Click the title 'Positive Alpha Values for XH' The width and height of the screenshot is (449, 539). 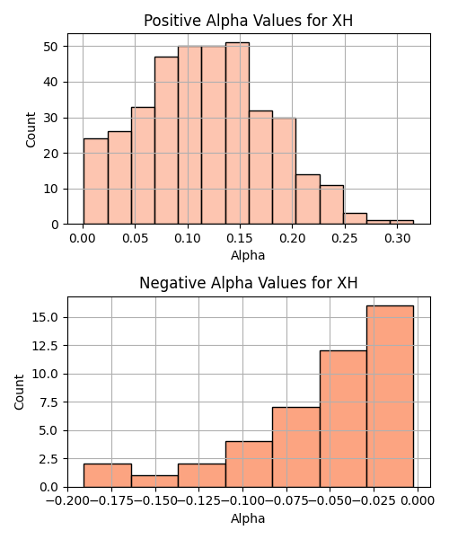[248, 21]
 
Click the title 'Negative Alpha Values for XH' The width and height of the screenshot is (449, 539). [248, 283]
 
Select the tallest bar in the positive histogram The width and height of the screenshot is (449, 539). [237, 133]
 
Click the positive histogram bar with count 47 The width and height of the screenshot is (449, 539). [166, 141]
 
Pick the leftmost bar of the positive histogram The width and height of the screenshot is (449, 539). [96, 181]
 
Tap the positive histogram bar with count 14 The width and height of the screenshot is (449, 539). [308, 199]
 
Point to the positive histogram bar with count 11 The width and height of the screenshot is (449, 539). [332, 205]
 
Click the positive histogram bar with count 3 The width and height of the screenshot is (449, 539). [356, 219]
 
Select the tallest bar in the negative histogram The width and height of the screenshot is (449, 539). [391, 396]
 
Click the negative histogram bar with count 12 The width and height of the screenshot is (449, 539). [343, 419]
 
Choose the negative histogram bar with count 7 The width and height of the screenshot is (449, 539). [296, 447]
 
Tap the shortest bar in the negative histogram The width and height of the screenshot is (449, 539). [155, 482]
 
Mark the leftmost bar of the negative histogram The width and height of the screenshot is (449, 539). [108, 476]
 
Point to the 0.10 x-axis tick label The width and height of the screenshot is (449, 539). [188, 238]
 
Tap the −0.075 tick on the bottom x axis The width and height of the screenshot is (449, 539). [286, 500]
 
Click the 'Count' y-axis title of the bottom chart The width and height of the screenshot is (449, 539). [19, 392]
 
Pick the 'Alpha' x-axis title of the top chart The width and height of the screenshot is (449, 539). [248, 255]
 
